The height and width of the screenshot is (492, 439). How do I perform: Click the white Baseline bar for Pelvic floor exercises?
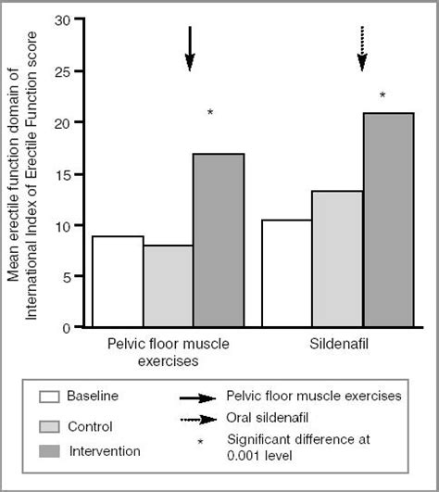tap(118, 282)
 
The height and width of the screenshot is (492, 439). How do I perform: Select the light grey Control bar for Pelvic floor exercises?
tap(168, 286)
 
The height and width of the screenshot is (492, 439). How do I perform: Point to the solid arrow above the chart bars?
tap(190, 48)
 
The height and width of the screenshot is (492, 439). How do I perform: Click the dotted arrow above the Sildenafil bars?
tap(362, 48)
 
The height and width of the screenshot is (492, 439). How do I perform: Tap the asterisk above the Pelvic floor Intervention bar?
tap(210, 114)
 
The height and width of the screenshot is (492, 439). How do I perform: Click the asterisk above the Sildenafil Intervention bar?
tap(383, 95)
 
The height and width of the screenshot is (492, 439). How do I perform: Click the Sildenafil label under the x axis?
tap(336, 344)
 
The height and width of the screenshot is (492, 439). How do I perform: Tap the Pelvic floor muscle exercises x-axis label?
tap(169, 351)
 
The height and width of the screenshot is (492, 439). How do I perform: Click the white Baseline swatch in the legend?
tap(50, 397)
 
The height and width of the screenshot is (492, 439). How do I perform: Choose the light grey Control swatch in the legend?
tap(50, 426)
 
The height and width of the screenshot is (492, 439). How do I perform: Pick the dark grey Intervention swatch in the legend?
tap(50, 451)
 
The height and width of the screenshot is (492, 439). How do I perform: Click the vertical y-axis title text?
tap(21, 176)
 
